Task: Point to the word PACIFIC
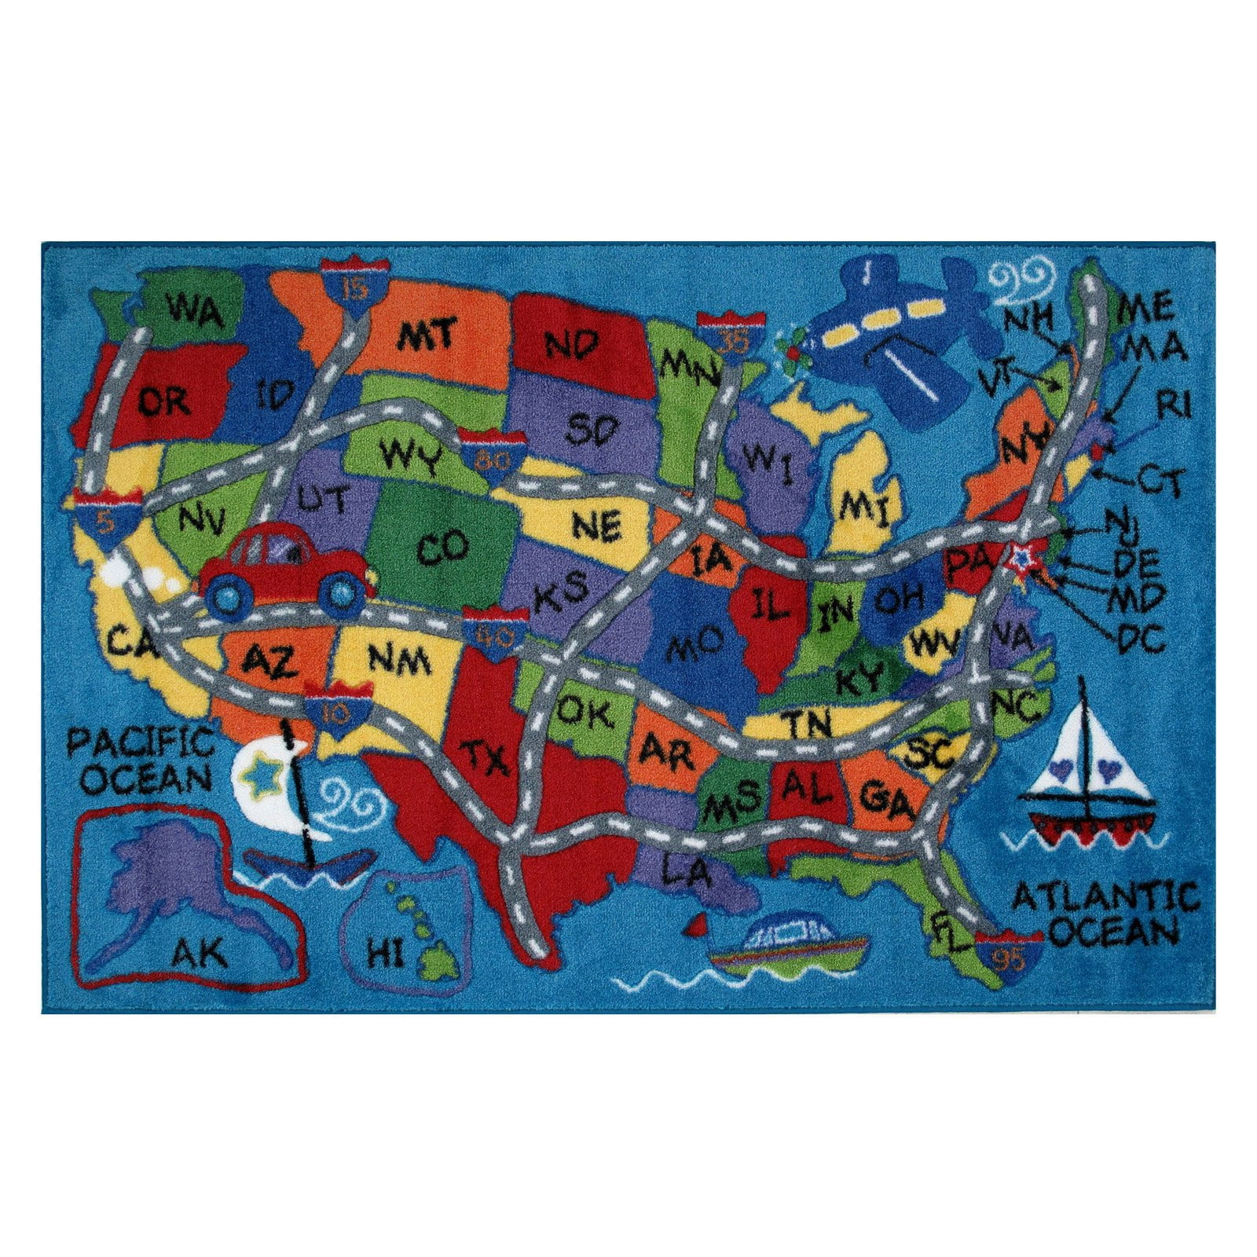(x=141, y=742)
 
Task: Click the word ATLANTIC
(x=1105, y=896)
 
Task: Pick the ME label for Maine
(x=1145, y=306)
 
